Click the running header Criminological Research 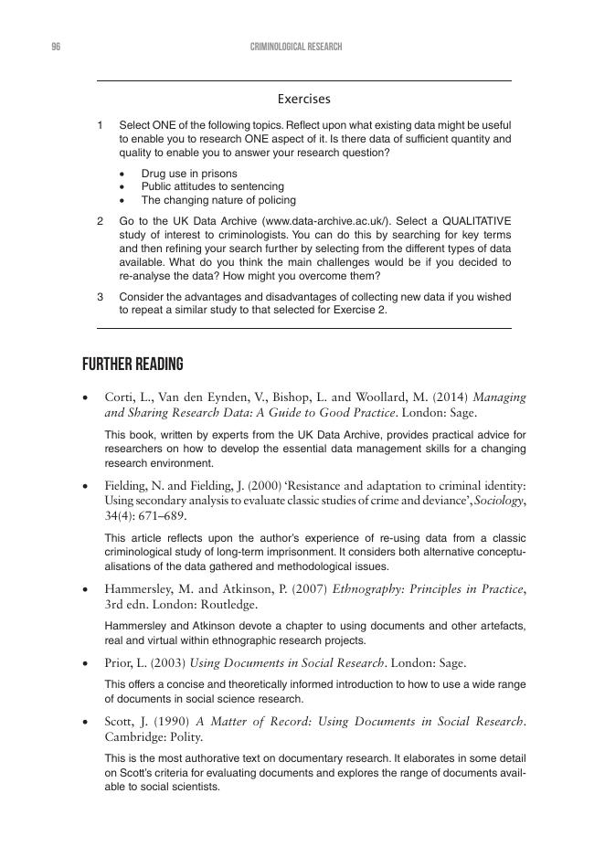click(x=296, y=47)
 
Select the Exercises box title click(x=303, y=99)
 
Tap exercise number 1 click(x=100, y=124)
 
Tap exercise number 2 click(x=100, y=221)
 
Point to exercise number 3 click(x=100, y=297)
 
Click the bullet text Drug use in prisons click(x=188, y=174)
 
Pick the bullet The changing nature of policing click(x=217, y=200)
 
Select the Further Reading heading click(x=133, y=365)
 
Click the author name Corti click(x=120, y=397)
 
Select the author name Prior click(x=119, y=662)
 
